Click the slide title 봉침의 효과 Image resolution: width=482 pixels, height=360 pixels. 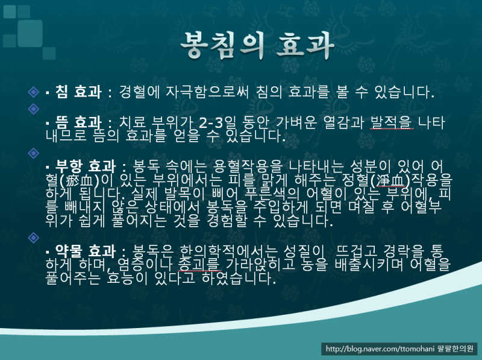pos(257,46)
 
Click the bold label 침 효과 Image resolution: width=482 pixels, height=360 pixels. pos(78,92)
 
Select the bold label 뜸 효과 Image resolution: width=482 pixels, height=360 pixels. pos(78,122)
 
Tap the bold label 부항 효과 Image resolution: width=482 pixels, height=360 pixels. pos(86,166)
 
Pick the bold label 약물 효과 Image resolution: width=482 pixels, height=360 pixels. pos(86,251)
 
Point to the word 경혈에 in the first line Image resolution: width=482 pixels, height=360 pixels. pos(139,92)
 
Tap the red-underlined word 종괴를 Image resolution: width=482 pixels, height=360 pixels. pos(199,265)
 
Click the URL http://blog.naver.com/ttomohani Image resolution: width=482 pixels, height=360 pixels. pos(380,349)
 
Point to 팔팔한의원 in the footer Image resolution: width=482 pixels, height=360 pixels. pos(455,349)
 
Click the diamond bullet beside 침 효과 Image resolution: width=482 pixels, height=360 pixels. pos(34,92)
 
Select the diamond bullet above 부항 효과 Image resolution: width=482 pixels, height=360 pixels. pos(34,153)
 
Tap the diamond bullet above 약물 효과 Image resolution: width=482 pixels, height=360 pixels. pos(34,238)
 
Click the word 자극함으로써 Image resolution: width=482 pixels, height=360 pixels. pos(207,92)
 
